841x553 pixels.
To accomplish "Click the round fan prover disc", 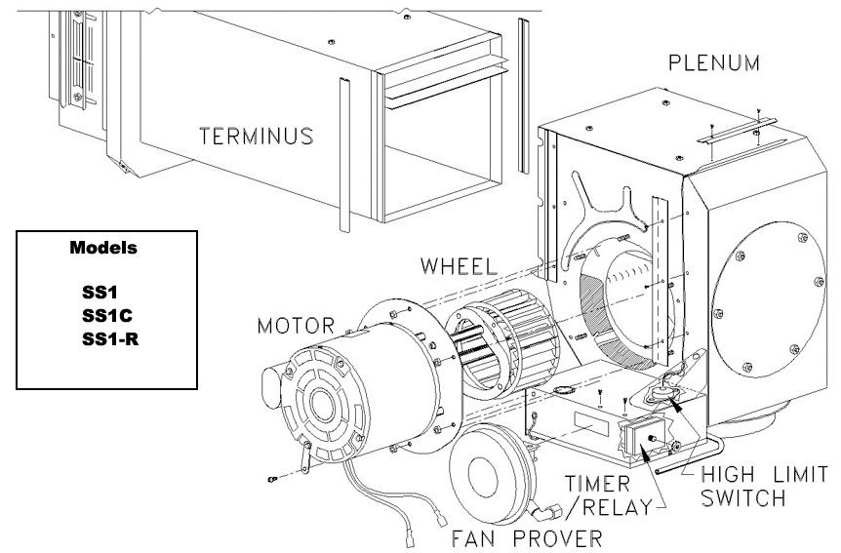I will tap(494, 479).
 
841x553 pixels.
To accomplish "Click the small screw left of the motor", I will tap(272, 480).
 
